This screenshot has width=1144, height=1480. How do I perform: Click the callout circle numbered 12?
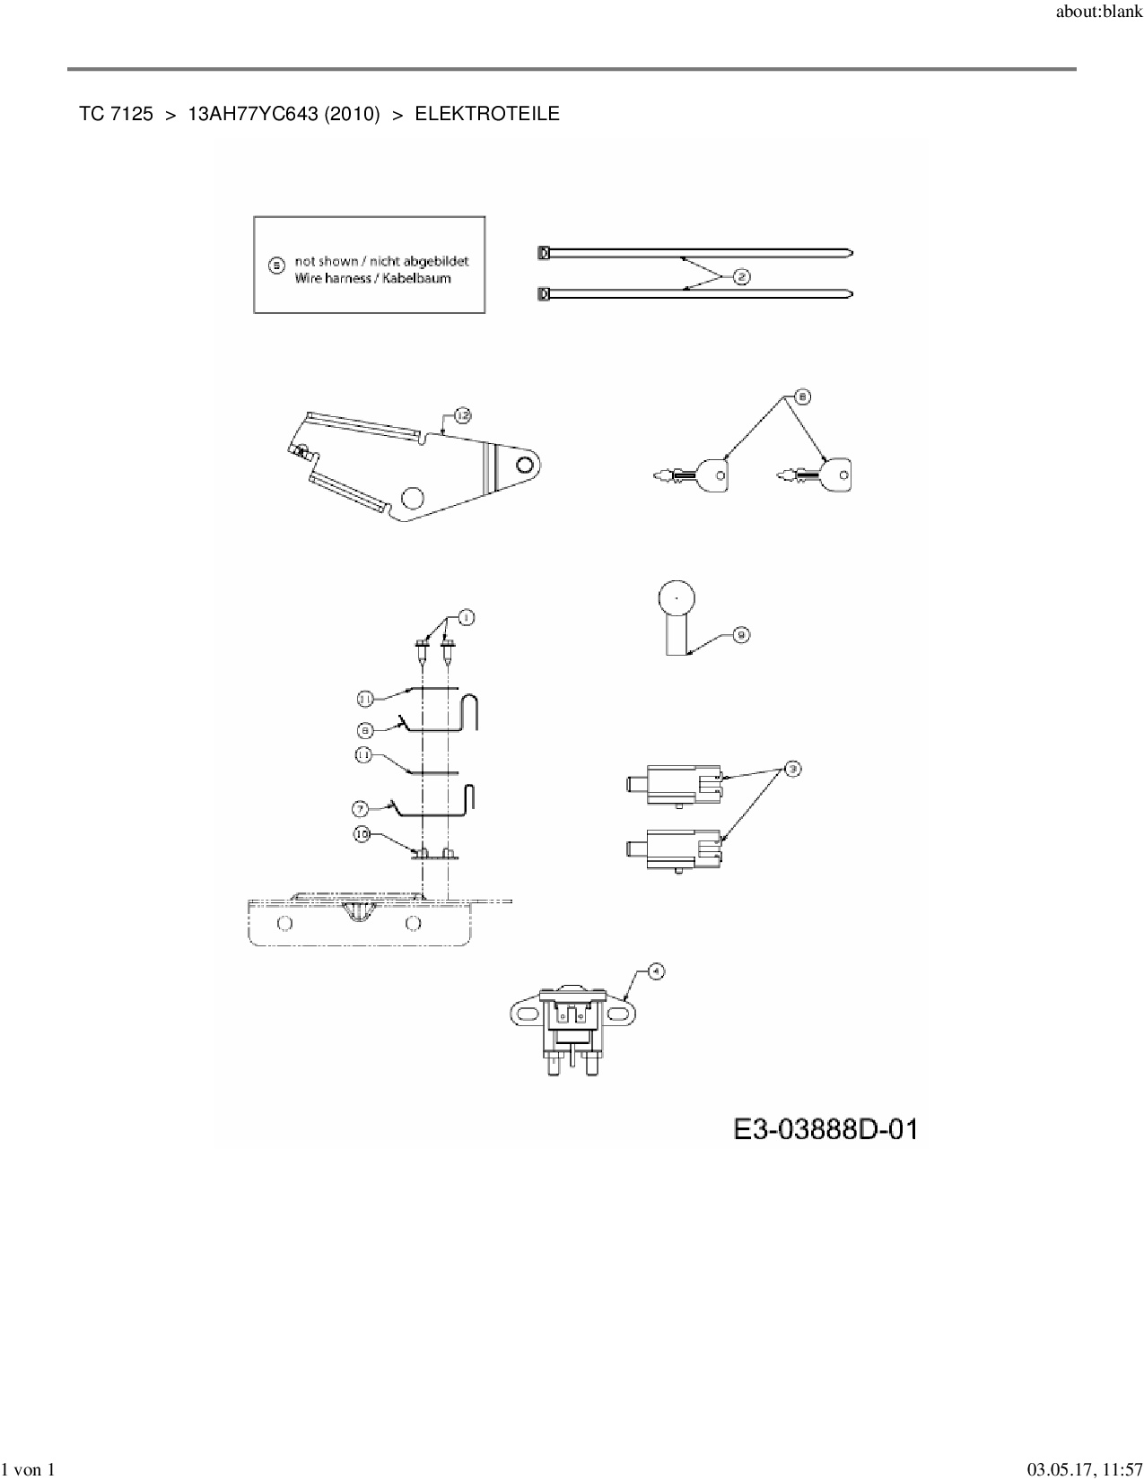point(462,415)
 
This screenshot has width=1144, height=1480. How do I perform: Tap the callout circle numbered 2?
point(742,276)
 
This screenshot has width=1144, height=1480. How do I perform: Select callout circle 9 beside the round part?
point(741,635)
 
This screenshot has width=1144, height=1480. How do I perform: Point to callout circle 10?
point(362,833)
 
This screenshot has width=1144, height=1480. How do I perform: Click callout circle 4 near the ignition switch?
point(656,971)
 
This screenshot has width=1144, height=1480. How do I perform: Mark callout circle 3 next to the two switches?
point(792,769)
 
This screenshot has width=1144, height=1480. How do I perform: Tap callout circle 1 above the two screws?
point(466,617)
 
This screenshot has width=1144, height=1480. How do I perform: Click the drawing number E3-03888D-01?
point(825,1128)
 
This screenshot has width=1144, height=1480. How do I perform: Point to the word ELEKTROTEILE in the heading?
point(487,114)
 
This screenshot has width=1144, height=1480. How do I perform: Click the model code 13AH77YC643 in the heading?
point(252,114)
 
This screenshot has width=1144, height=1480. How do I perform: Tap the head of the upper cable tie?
point(543,253)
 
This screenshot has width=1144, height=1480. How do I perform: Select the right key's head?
point(836,474)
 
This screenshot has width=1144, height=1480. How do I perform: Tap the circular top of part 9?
point(677,597)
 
